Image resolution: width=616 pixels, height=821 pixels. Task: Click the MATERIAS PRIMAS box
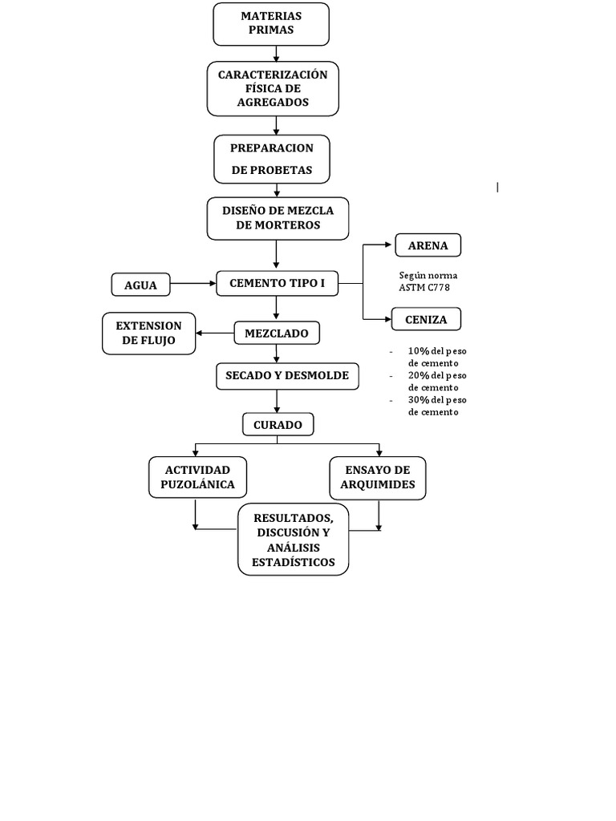coord(271,24)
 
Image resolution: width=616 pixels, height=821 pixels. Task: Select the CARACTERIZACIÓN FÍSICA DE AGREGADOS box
coord(273,88)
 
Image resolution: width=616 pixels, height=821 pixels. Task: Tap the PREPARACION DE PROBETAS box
coord(272,159)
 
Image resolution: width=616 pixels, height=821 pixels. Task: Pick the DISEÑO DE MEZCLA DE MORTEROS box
coord(278,218)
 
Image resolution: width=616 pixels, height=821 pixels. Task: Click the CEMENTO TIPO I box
coord(277,283)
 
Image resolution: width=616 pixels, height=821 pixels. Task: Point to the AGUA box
coord(140,285)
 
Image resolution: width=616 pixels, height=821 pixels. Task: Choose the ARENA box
coord(428,245)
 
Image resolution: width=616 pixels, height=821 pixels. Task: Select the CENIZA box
coord(426,319)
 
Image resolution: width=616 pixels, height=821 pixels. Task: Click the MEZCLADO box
coord(277,333)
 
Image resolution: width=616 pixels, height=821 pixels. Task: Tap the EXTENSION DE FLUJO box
coord(149,333)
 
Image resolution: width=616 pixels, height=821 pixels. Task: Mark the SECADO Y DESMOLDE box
coord(286,375)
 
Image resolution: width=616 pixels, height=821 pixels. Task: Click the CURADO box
coord(278,425)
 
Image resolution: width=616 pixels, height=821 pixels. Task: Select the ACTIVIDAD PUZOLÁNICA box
coord(197,477)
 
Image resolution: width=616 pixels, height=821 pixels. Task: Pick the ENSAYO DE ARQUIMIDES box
coord(378,477)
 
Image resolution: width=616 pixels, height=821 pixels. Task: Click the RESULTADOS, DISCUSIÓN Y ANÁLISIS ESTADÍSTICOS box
coord(293,540)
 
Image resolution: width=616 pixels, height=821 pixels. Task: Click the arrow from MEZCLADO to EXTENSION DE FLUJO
coord(215,333)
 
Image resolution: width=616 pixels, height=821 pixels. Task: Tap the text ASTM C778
coord(419,287)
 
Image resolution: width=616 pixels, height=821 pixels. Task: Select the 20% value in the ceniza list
coord(418,375)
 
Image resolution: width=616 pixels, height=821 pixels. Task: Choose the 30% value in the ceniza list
coord(418,400)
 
